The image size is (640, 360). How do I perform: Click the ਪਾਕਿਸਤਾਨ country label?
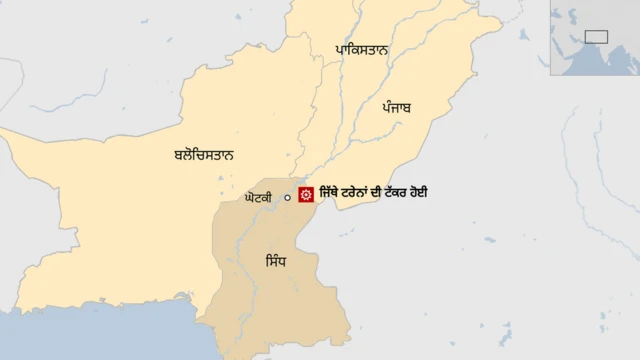click(x=362, y=49)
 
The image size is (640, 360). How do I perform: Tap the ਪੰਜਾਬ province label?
click(x=397, y=107)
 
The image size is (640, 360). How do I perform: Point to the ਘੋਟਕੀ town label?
click(x=258, y=198)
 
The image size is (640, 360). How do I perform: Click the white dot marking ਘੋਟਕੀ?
click(x=287, y=198)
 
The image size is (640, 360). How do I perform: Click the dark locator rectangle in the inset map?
click(x=596, y=36)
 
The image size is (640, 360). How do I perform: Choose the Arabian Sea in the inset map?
click(x=585, y=62)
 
